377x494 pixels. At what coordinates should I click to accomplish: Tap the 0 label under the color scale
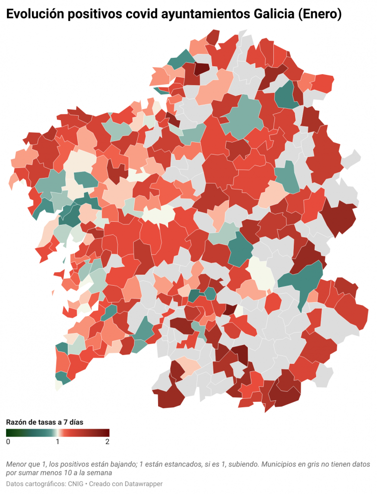(x=8, y=442)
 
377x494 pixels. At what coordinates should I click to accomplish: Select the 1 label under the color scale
(x=57, y=442)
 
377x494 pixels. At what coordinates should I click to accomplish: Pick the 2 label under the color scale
(x=107, y=442)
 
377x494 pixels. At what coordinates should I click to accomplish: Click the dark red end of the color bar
(x=106, y=433)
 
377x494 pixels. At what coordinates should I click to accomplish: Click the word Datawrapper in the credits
(x=145, y=484)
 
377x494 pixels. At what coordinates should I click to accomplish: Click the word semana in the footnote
(x=99, y=472)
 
